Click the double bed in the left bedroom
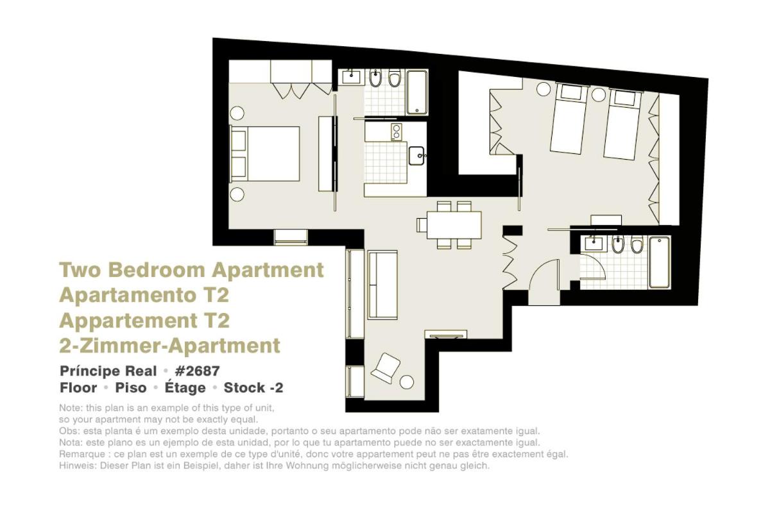point(264,154)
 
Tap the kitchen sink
point(416,156)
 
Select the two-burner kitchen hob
point(397,132)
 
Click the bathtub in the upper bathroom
point(417,92)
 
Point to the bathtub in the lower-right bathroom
point(660,262)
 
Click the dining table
point(454,225)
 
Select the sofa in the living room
point(382,285)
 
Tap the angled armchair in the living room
point(386,368)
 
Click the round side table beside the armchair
point(407,382)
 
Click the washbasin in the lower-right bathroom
point(594,244)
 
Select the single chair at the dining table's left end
point(422,225)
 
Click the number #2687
point(197,371)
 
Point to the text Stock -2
point(253,387)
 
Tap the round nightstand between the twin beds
point(599,95)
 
